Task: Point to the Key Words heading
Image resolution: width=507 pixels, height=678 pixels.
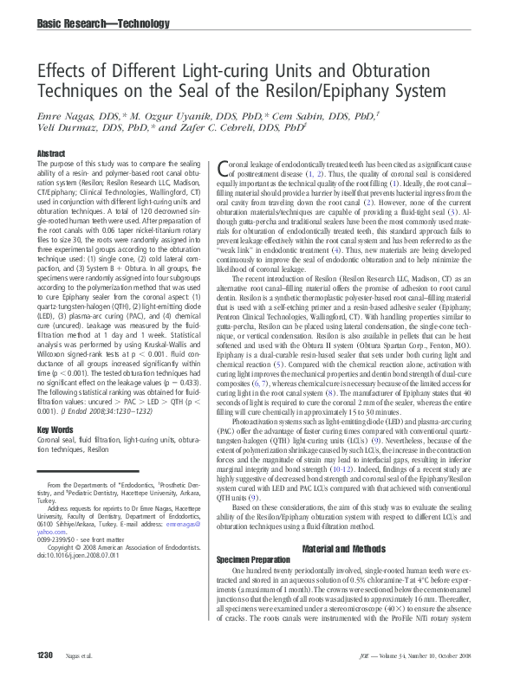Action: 55,429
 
